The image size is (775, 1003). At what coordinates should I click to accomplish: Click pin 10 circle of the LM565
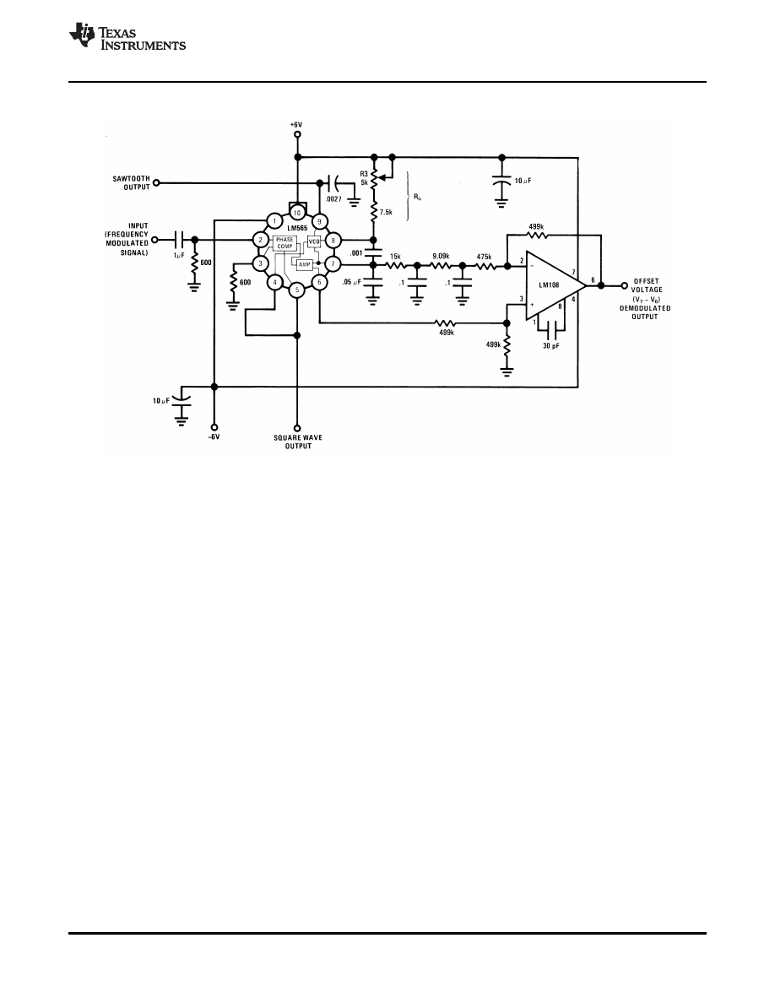click(x=296, y=214)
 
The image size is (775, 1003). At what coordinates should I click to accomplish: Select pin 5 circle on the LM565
click(x=296, y=290)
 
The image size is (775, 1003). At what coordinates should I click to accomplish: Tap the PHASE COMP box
click(x=285, y=243)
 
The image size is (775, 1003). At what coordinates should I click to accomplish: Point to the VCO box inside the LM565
click(x=314, y=241)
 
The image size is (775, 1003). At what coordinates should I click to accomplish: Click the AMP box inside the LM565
click(x=303, y=263)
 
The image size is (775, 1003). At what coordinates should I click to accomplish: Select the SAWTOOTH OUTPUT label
click(x=131, y=182)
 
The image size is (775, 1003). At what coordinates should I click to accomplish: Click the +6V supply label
click(x=296, y=124)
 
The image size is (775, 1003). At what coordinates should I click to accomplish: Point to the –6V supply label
click(x=214, y=437)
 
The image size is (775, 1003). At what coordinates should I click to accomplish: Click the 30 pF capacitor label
click(x=551, y=347)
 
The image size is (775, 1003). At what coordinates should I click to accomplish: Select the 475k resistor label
click(x=485, y=256)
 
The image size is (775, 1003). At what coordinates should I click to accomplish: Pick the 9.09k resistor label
click(x=440, y=256)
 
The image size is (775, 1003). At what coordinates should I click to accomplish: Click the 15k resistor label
click(x=394, y=256)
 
